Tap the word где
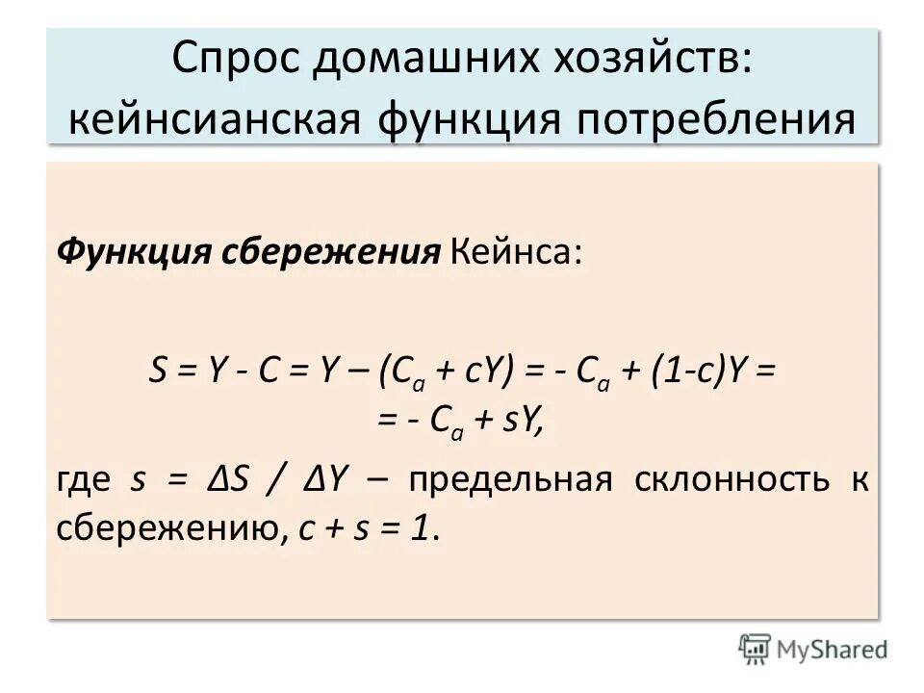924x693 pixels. [x=84, y=480]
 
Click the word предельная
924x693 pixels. [x=510, y=480]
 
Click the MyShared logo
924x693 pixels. [x=813, y=650]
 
